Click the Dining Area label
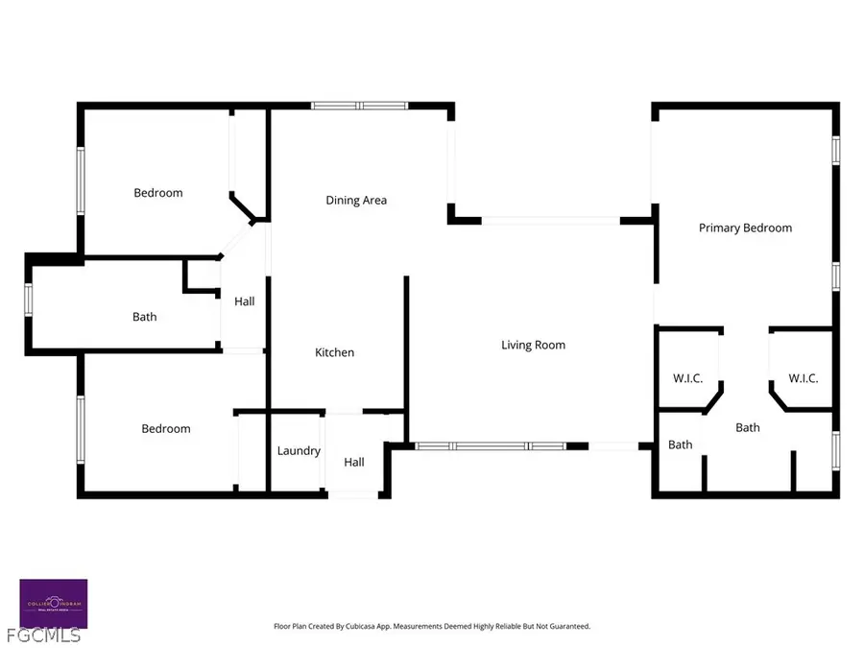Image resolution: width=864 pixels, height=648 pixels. (356, 201)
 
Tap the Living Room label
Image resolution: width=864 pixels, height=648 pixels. (533, 345)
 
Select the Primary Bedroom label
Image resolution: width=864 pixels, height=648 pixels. (745, 228)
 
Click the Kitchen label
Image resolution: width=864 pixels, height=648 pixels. (334, 352)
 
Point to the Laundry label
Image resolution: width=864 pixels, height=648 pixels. (299, 451)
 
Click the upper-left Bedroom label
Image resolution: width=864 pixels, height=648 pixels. (157, 193)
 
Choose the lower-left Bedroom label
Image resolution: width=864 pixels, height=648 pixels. (166, 429)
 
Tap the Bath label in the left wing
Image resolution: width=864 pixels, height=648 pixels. (144, 317)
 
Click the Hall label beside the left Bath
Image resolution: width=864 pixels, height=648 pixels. (245, 301)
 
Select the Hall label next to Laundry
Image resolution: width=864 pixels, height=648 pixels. (354, 463)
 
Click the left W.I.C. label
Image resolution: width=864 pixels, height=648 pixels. (687, 378)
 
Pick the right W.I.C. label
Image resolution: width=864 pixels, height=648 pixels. (803, 378)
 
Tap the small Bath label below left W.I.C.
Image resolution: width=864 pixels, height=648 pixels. (681, 444)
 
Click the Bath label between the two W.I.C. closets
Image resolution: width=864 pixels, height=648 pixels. (748, 427)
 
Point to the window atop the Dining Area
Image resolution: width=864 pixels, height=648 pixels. (359, 105)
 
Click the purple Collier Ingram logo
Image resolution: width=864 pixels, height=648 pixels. (54, 604)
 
